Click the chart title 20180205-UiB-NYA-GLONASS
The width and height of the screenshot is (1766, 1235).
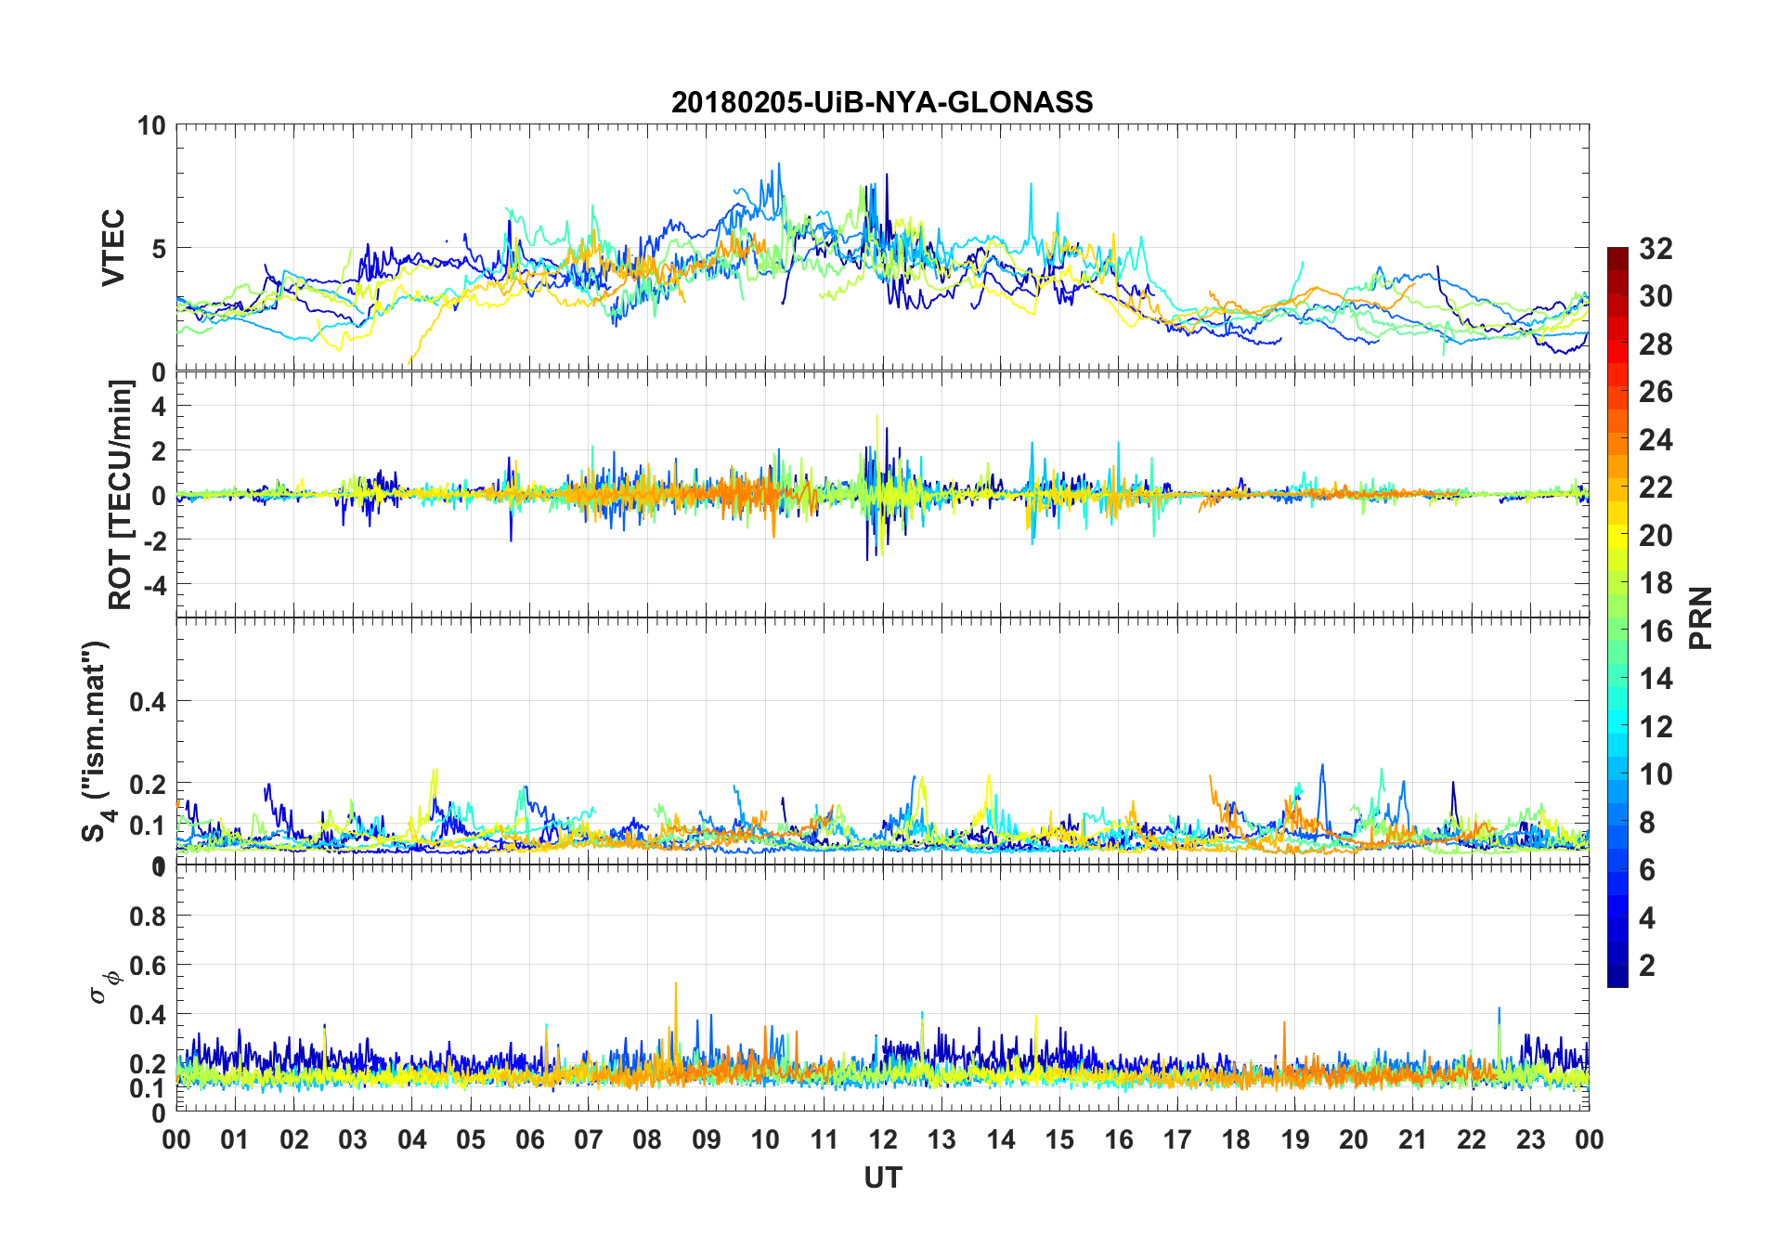tap(882, 101)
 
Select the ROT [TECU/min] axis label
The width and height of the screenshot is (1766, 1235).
tap(121, 494)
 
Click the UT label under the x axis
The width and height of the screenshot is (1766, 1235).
tap(882, 1177)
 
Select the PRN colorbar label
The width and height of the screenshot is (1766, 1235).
tap(1701, 617)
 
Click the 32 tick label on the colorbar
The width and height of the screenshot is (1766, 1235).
tap(1656, 248)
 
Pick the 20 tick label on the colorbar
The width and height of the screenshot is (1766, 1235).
tap(1656, 535)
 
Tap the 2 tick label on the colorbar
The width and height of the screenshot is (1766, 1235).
tap(1647, 965)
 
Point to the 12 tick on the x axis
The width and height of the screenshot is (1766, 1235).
tap(883, 1139)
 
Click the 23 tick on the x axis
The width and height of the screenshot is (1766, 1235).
tap(1530, 1139)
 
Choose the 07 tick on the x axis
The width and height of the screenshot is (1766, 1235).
tap(589, 1139)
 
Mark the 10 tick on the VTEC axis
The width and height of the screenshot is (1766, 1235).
tap(151, 125)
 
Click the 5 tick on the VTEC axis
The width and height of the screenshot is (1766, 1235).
tap(159, 248)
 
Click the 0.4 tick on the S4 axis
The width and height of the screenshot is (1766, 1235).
tap(148, 701)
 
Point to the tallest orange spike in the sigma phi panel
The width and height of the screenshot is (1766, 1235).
tap(675, 983)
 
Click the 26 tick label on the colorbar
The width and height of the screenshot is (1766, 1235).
tap(1656, 392)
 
